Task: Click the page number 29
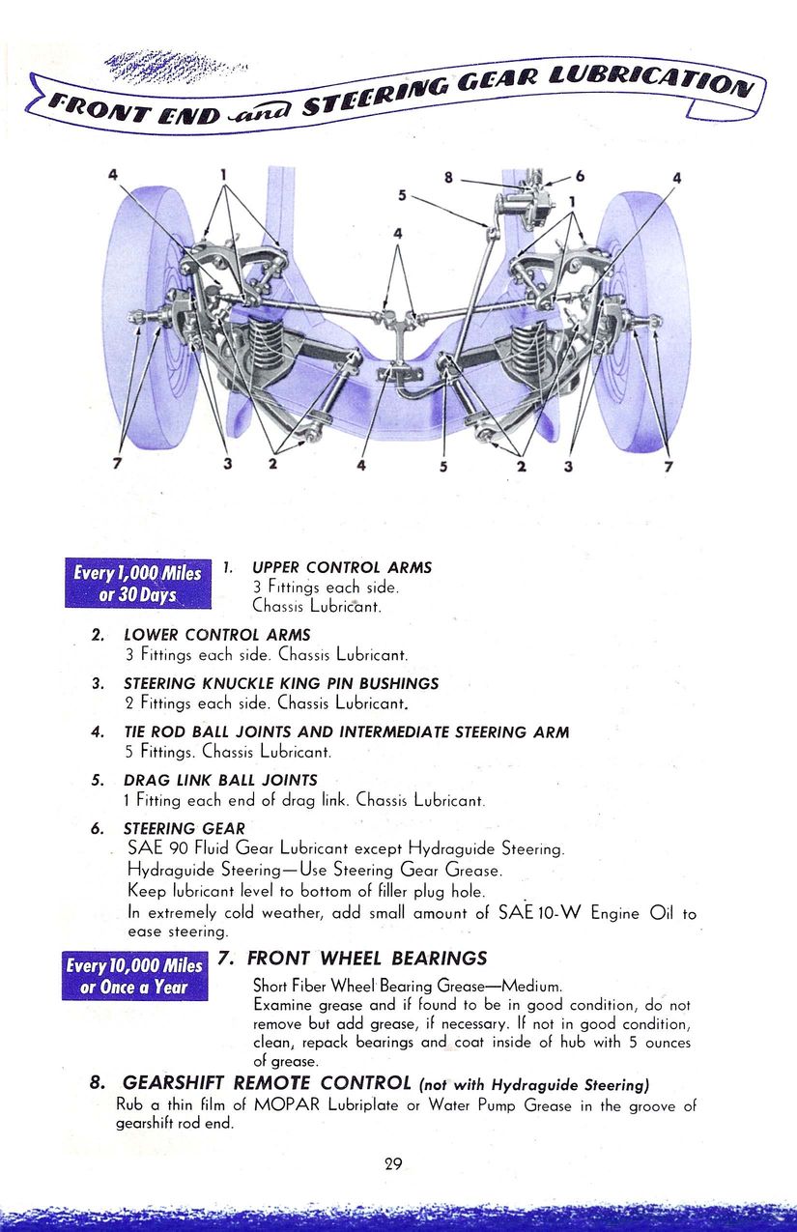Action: pyautogui.click(x=393, y=1163)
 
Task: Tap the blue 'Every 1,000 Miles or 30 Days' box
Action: pyautogui.click(x=137, y=584)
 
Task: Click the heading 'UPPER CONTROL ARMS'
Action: pyautogui.click(x=341, y=567)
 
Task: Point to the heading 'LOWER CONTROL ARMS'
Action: pyautogui.click(x=216, y=635)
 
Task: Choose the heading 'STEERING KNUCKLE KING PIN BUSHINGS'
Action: pyautogui.click(x=280, y=683)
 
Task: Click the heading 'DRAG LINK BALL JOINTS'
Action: pyautogui.click(x=219, y=780)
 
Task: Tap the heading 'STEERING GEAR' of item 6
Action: pyautogui.click(x=184, y=828)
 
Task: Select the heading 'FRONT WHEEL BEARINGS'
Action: pyautogui.click(x=367, y=959)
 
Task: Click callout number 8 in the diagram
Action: pyautogui.click(x=448, y=178)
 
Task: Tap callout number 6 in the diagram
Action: pyautogui.click(x=580, y=177)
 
